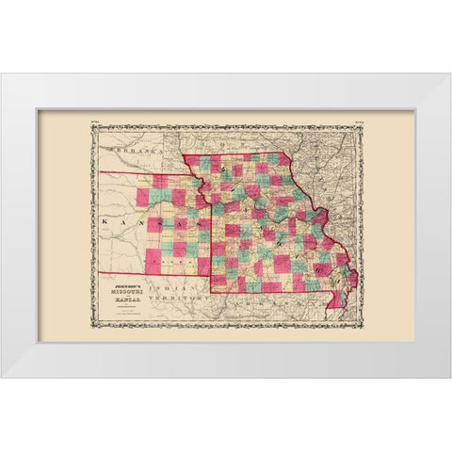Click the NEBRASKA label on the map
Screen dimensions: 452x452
[131, 151]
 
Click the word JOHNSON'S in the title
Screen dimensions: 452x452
[131, 277]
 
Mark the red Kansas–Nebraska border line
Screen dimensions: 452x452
[151, 173]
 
